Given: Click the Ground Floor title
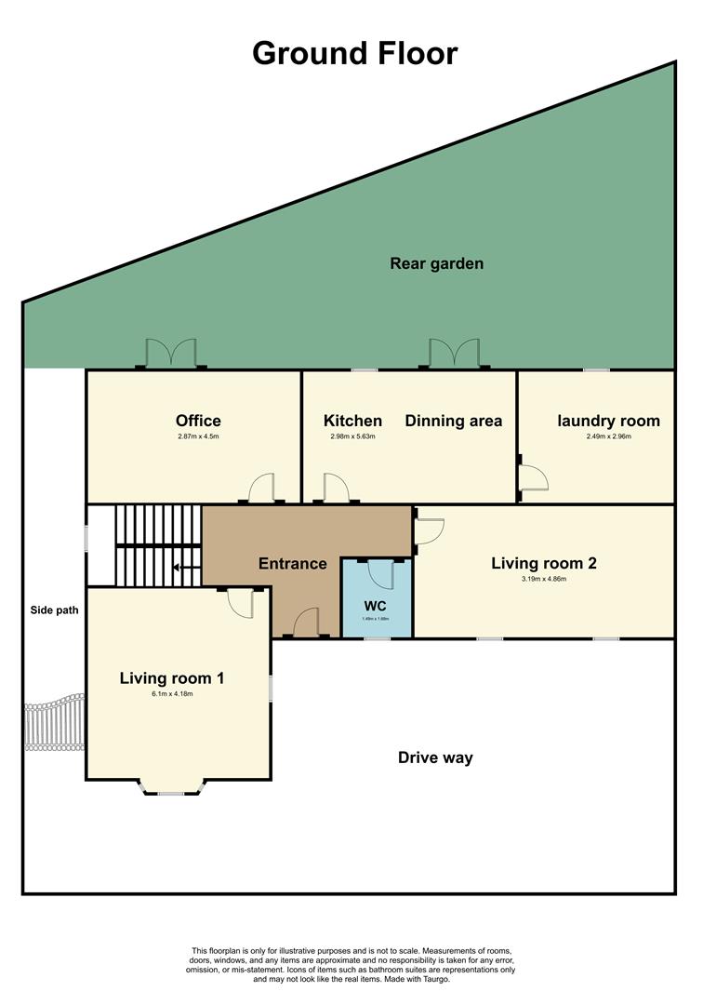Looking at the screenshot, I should point(354,53).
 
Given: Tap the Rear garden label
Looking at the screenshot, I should point(436,263).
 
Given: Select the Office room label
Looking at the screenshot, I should point(198,421).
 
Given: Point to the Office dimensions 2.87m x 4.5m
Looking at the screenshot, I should point(198,436).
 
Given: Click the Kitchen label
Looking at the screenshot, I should point(352,421).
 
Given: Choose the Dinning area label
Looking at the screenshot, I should point(453,421).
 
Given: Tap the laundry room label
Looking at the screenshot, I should point(608,421).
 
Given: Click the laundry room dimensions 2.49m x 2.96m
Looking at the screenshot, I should point(608,436).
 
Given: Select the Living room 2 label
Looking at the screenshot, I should point(543,563).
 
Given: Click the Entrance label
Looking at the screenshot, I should point(292,563).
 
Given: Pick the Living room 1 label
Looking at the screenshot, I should point(171,678).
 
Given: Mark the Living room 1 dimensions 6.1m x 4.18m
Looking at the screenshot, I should point(171,694).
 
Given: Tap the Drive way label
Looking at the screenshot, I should point(435,757).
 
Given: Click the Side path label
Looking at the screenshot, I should point(52,610).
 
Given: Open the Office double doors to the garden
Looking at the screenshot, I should point(171,354).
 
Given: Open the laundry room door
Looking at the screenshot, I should point(533,476).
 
